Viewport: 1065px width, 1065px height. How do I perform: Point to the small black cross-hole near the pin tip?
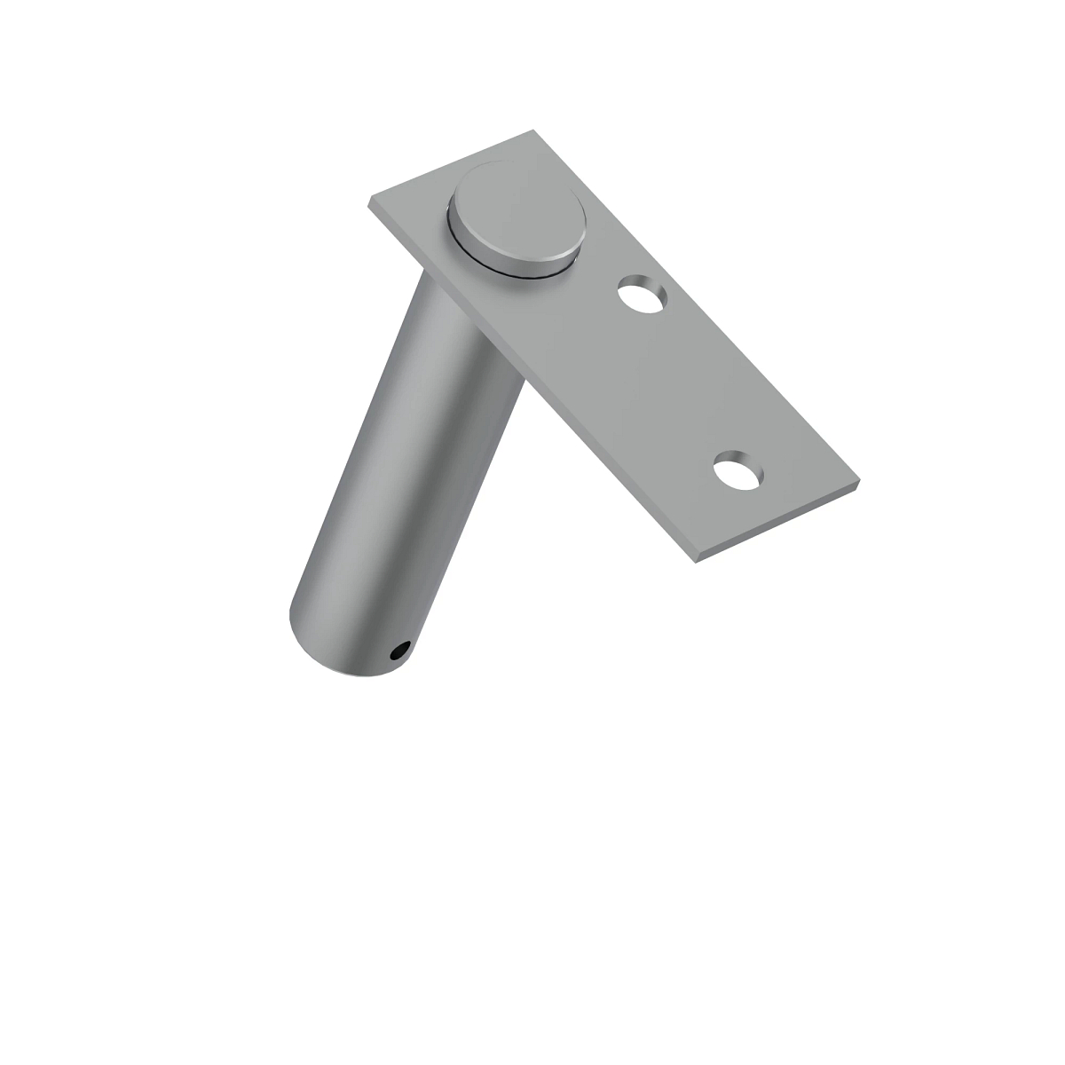click(398, 653)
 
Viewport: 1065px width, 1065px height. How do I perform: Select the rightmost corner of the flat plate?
click(859, 482)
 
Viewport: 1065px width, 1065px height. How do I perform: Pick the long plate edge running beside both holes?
click(701, 311)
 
